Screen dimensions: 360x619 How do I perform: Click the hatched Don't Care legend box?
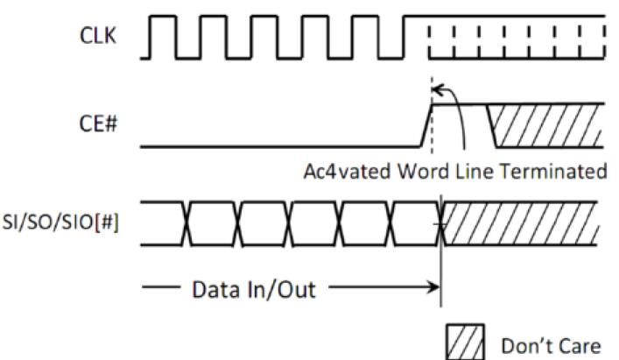click(x=464, y=344)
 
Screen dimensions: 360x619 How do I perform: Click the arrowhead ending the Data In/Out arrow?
click(x=435, y=287)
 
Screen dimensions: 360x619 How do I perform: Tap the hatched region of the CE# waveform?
click(x=547, y=125)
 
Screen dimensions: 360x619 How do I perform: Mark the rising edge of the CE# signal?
click(x=426, y=125)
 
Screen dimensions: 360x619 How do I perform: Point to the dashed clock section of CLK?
click(x=517, y=39)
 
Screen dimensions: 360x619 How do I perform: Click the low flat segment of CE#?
click(x=280, y=146)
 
